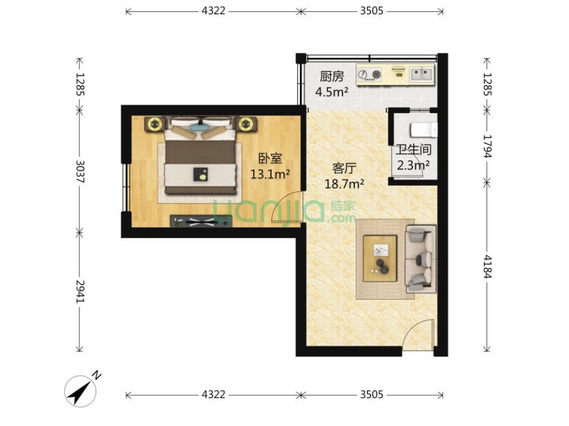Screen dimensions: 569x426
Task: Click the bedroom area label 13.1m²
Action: (x=270, y=175)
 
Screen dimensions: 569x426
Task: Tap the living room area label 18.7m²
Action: (x=344, y=184)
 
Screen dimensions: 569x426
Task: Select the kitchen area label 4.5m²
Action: (x=332, y=92)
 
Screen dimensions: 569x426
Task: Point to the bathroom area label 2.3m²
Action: (x=413, y=166)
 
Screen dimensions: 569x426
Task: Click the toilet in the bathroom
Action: (x=423, y=130)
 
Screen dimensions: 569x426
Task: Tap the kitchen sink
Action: (x=421, y=74)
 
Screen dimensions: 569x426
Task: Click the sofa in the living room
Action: (x=421, y=259)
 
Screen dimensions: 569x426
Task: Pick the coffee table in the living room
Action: (x=380, y=259)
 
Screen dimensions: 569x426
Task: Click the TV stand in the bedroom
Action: (x=201, y=221)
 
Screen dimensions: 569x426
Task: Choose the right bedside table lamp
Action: (x=246, y=124)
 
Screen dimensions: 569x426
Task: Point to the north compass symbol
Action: (x=82, y=390)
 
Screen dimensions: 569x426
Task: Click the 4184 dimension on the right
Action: (x=487, y=266)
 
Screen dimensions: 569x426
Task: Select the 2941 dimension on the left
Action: (x=80, y=291)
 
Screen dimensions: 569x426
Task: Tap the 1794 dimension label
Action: (x=487, y=146)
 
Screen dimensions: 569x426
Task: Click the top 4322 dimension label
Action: (x=213, y=11)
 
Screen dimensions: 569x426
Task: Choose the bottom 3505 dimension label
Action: (x=372, y=394)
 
